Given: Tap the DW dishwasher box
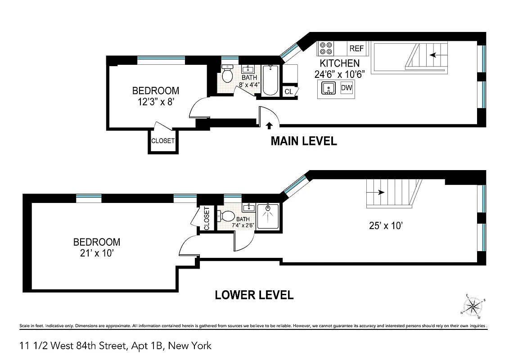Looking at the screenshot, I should (x=347, y=88).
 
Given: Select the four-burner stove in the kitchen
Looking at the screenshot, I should (x=326, y=48).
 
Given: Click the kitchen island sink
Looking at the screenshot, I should (x=329, y=89).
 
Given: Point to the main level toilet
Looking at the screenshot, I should (x=227, y=75).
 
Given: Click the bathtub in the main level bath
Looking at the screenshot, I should (x=270, y=81).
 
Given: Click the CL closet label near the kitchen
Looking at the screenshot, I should (x=288, y=92).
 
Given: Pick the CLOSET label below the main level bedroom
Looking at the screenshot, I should (x=162, y=141).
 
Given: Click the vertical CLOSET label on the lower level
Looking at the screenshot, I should (x=207, y=218).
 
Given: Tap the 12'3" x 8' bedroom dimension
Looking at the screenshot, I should (x=155, y=102).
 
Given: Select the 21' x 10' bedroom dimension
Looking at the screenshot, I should (x=97, y=253).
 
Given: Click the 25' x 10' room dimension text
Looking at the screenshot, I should (x=385, y=226).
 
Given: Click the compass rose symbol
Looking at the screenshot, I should (x=473, y=307).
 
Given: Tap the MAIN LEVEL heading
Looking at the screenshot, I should (x=303, y=141).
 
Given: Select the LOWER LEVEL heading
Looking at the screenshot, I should (x=254, y=295).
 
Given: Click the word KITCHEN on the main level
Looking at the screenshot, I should (x=339, y=63).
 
